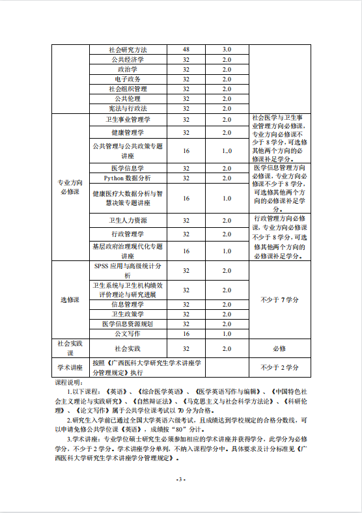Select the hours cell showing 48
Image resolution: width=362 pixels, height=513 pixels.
pyautogui.click(x=186, y=49)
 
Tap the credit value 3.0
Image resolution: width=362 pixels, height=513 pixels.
pyautogui.click(x=227, y=49)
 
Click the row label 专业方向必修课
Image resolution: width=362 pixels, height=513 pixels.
pyautogui.click(x=69, y=187)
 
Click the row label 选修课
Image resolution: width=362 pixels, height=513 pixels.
pyautogui.click(x=69, y=299)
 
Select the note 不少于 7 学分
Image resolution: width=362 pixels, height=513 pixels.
pyautogui.click(x=280, y=299)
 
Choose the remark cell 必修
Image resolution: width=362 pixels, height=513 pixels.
pyautogui.click(x=280, y=348)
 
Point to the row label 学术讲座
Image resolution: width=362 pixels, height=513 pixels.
pyautogui.click(x=69, y=367)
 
